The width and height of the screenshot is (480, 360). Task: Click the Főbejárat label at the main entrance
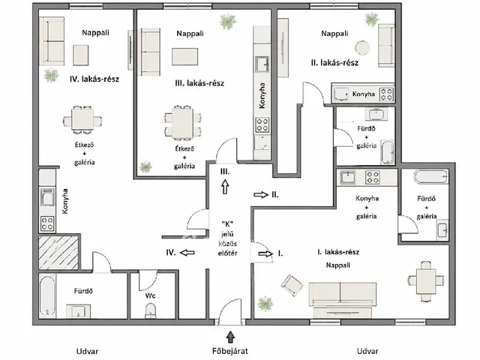pyautogui.click(x=230, y=351)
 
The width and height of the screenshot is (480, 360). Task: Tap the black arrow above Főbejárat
pyautogui.click(x=230, y=337)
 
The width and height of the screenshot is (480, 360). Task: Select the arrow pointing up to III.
pyautogui.click(x=225, y=187)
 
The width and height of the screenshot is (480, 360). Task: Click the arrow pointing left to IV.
pyautogui.click(x=187, y=253)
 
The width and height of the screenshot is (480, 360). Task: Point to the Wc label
pyautogui.click(x=150, y=295)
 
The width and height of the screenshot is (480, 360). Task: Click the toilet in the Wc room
pyautogui.click(x=150, y=310)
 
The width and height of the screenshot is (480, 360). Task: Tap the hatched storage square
pyautogui.click(x=58, y=253)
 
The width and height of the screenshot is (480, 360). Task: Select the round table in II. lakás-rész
pyautogui.click(x=362, y=48)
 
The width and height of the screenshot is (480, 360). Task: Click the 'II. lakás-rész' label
pyautogui.click(x=334, y=63)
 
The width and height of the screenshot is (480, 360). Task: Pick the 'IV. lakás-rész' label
pyautogui.click(x=94, y=79)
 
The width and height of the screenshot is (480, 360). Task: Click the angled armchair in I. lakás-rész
pyautogui.click(x=292, y=285)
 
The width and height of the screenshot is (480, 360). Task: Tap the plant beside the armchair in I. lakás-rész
pyautogui.click(x=265, y=304)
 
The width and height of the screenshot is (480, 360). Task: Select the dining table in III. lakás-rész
pyautogui.click(x=183, y=123)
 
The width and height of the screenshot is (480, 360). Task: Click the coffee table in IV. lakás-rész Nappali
pyautogui.click(x=81, y=55)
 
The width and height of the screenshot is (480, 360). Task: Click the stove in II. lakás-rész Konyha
pyautogui.click(x=386, y=94)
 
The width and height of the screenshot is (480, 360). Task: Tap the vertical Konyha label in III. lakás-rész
pyautogui.click(x=262, y=95)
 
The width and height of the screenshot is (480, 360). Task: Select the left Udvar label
pyautogui.click(x=87, y=351)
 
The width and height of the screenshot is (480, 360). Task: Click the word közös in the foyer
pyautogui.click(x=227, y=244)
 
